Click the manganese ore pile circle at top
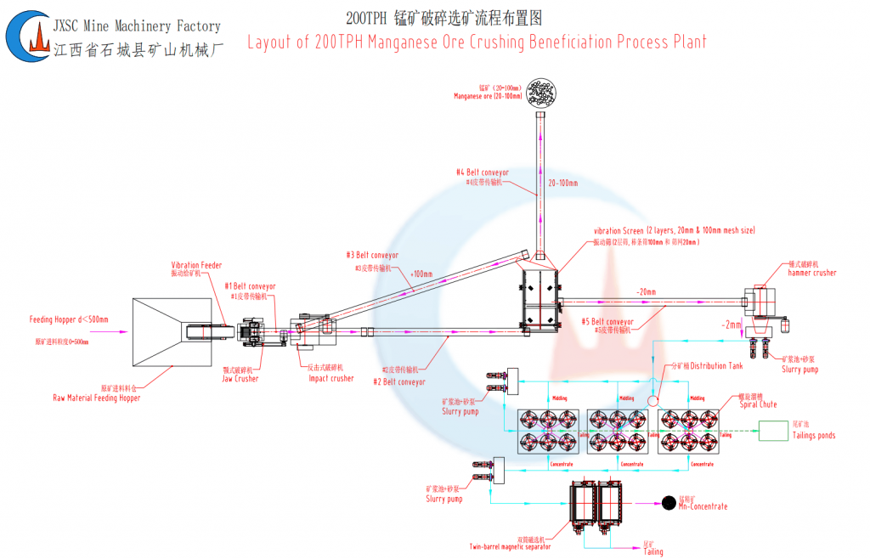click(x=541, y=93)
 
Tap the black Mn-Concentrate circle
click(x=669, y=503)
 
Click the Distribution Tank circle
click(x=652, y=399)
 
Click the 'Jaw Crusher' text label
click(x=240, y=379)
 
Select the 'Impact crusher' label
click(x=330, y=379)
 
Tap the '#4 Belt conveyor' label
click(x=483, y=172)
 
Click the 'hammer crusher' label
click(x=813, y=273)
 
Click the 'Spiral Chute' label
click(x=758, y=404)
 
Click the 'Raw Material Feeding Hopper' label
click(x=96, y=398)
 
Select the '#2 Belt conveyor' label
click(x=398, y=382)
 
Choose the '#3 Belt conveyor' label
click(x=372, y=256)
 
